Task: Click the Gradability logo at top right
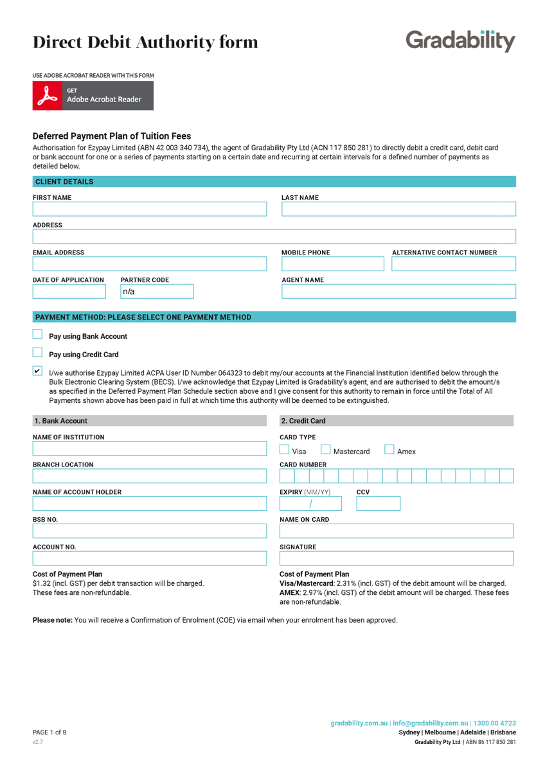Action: [460, 41]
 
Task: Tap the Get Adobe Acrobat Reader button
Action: [93, 96]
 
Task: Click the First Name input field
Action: [149, 209]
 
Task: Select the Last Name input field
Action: [398, 209]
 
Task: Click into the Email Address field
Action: [149, 264]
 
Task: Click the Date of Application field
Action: [69, 292]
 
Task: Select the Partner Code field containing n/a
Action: [157, 292]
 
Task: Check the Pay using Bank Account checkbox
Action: [37, 335]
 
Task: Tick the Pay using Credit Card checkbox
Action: [37, 353]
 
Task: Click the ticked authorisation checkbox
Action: [37, 371]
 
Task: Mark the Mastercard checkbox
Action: [326, 450]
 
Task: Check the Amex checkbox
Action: [389, 450]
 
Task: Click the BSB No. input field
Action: [149, 531]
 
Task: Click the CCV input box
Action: [378, 504]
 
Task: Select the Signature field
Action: [397, 558]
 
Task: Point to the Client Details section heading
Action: [64, 182]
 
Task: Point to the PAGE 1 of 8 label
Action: [49, 732]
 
